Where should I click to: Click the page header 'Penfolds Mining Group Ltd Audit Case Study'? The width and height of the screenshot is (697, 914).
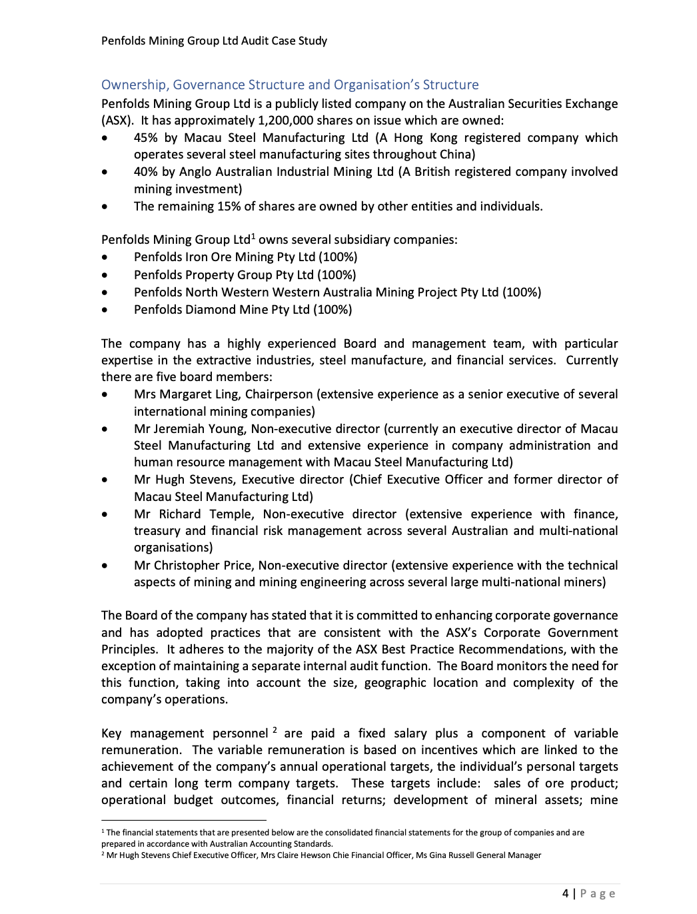coord(214,41)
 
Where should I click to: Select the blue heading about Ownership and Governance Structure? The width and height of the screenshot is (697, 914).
coord(290,85)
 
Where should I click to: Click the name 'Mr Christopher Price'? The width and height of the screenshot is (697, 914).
coord(193,566)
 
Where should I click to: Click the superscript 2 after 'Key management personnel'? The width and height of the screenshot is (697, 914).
coord(274,730)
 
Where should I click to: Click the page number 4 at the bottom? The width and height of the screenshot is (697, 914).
coord(565,893)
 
